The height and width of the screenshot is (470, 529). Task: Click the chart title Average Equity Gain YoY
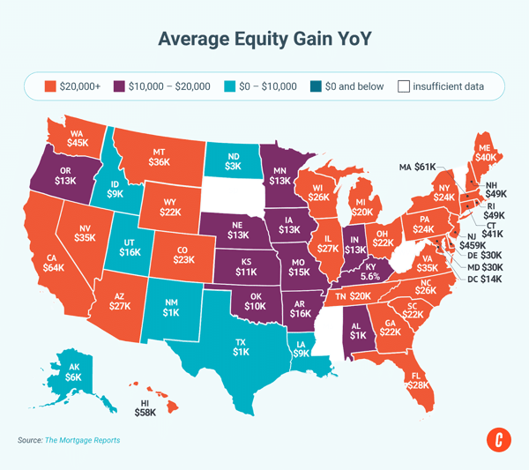264,40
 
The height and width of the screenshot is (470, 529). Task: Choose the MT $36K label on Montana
159,156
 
